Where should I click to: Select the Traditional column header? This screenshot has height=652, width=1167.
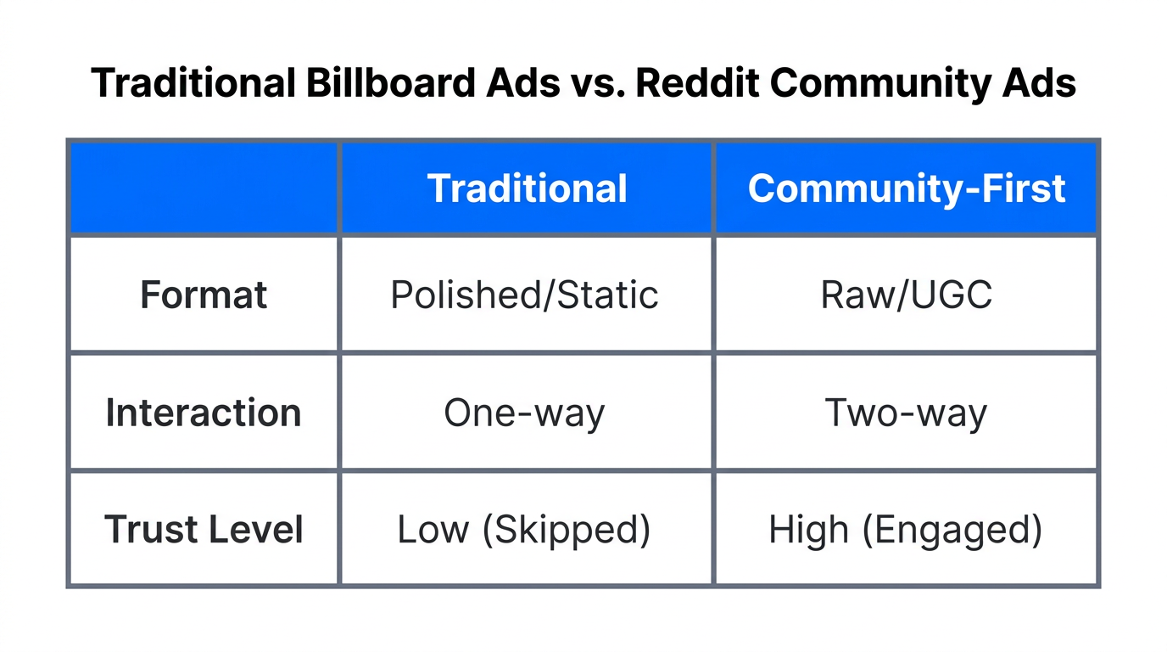(527, 188)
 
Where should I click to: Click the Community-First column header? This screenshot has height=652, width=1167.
(906, 188)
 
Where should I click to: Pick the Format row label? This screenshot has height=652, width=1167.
(204, 295)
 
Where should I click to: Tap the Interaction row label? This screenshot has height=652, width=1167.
(204, 413)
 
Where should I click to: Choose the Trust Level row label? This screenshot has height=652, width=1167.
(204, 530)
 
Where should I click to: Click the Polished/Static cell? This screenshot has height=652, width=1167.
(524, 295)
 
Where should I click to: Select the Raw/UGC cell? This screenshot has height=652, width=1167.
(906, 295)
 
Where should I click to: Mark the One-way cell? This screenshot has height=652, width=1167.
(524, 413)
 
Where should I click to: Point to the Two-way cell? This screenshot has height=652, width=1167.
(906, 413)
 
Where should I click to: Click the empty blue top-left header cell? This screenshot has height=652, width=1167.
(204, 188)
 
